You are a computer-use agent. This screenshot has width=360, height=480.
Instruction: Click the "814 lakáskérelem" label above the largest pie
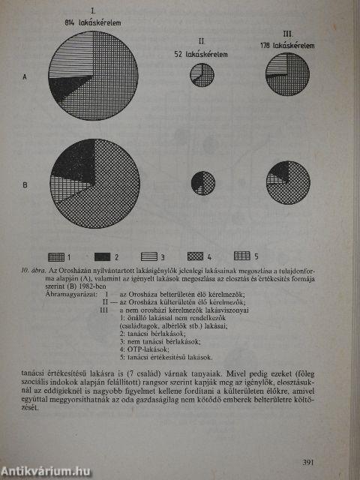tap(93, 22)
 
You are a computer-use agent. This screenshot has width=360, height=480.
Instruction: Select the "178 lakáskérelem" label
tap(287, 46)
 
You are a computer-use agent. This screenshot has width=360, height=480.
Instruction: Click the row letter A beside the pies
tap(25, 76)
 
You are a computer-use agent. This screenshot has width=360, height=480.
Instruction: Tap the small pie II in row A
tap(202, 75)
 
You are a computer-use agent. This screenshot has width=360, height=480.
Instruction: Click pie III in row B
tap(289, 181)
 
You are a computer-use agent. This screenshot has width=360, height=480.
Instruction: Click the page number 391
tap(313, 440)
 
